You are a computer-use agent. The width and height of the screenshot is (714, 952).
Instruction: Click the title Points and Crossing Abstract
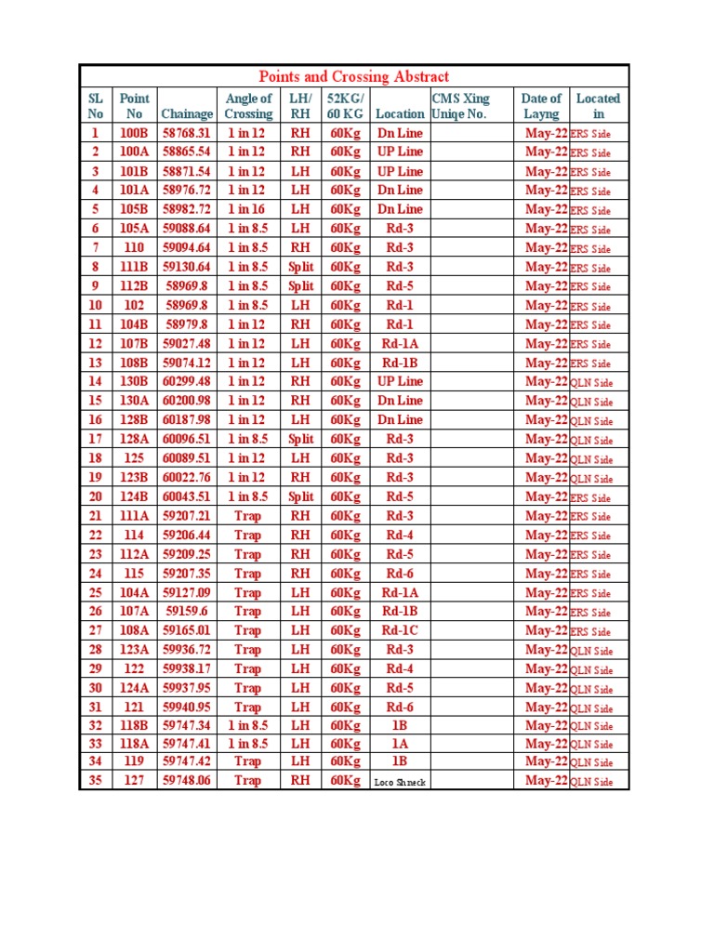[353, 77]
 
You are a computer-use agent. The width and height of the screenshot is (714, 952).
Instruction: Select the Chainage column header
[187, 113]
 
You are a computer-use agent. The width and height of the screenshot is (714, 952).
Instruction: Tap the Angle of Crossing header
[248, 106]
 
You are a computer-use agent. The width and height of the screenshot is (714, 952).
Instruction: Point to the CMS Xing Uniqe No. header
[459, 106]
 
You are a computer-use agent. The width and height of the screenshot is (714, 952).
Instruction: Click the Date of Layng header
[541, 106]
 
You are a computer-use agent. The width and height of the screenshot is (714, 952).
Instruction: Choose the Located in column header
[598, 106]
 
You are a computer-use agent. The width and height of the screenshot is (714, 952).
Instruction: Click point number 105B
[134, 209]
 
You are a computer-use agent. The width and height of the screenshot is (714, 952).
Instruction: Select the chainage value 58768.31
[187, 133]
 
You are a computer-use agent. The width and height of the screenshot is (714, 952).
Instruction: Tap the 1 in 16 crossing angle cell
[246, 209]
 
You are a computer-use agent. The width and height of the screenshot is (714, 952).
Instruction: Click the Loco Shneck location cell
[400, 783]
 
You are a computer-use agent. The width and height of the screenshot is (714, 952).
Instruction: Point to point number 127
[134, 781]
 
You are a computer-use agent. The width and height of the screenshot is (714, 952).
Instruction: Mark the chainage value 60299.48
[187, 381]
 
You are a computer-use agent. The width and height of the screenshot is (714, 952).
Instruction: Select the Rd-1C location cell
[400, 630]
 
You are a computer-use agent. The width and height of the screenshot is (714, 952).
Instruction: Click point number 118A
[134, 744]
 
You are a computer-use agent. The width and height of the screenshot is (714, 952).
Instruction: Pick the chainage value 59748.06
[187, 781]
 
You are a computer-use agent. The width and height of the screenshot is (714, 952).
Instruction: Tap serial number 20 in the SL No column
[95, 496]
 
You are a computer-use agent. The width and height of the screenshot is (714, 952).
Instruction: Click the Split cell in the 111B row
[300, 267]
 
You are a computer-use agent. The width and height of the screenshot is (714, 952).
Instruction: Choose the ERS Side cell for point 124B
[590, 498]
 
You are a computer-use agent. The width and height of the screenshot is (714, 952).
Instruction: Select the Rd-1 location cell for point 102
[400, 305]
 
